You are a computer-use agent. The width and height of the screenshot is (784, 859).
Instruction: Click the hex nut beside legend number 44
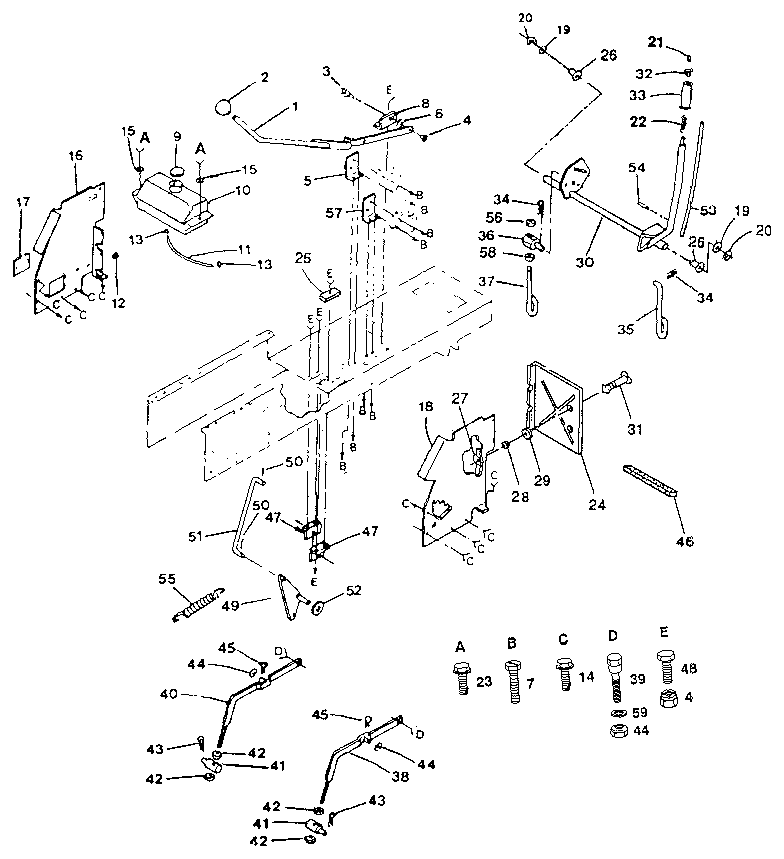pos(617,731)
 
